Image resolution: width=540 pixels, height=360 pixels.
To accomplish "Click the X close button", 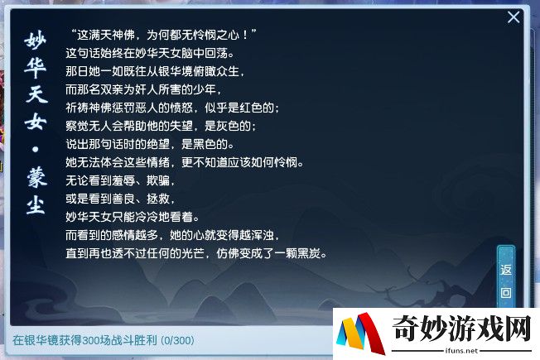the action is pyautogui.click(x=513, y=17).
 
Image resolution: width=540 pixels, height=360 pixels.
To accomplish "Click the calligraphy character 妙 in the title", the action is pyautogui.click(x=36, y=41).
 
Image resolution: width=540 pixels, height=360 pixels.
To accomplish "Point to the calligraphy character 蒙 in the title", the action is pyautogui.click(x=36, y=178).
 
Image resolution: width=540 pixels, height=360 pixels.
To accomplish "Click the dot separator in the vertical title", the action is pyautogui.click(x=36, y=149).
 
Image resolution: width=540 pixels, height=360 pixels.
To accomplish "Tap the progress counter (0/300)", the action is pyautogui.click(x=178, y=340).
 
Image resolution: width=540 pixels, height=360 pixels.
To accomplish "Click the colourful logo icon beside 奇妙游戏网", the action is pyautogui.click(x=360, y=334).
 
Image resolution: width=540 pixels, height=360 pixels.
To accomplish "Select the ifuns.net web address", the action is pyautogui.click(x=461, y=351).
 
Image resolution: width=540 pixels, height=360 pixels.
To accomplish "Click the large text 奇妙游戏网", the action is pyautogui.click(x=462, y=329).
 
